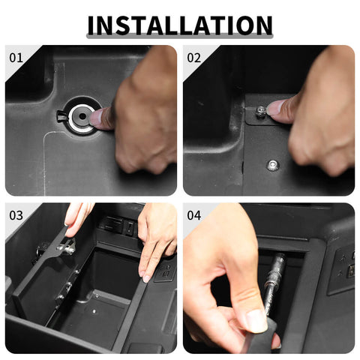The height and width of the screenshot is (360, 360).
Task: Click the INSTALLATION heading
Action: click(180, 25)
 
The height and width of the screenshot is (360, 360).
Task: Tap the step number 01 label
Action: click(16, 58)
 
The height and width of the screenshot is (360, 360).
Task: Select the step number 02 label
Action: click(193, 58)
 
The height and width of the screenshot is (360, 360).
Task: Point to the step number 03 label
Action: click(16, 215)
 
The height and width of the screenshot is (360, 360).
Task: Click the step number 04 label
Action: click(193, 215)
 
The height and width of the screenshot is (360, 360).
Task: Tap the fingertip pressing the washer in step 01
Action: click(97, 118)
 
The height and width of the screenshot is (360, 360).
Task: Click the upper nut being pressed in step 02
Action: click(260, 112)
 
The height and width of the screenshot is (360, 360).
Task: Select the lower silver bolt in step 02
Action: click(273, 165)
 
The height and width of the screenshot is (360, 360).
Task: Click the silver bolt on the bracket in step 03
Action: click(66, 248)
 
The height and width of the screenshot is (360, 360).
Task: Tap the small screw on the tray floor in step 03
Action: click(94, 311)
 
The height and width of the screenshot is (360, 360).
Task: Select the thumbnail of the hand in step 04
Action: click(256, 321)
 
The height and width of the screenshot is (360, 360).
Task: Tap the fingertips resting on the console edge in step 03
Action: click(145, 276)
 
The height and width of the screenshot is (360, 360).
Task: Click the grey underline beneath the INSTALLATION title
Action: click(180, 37)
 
